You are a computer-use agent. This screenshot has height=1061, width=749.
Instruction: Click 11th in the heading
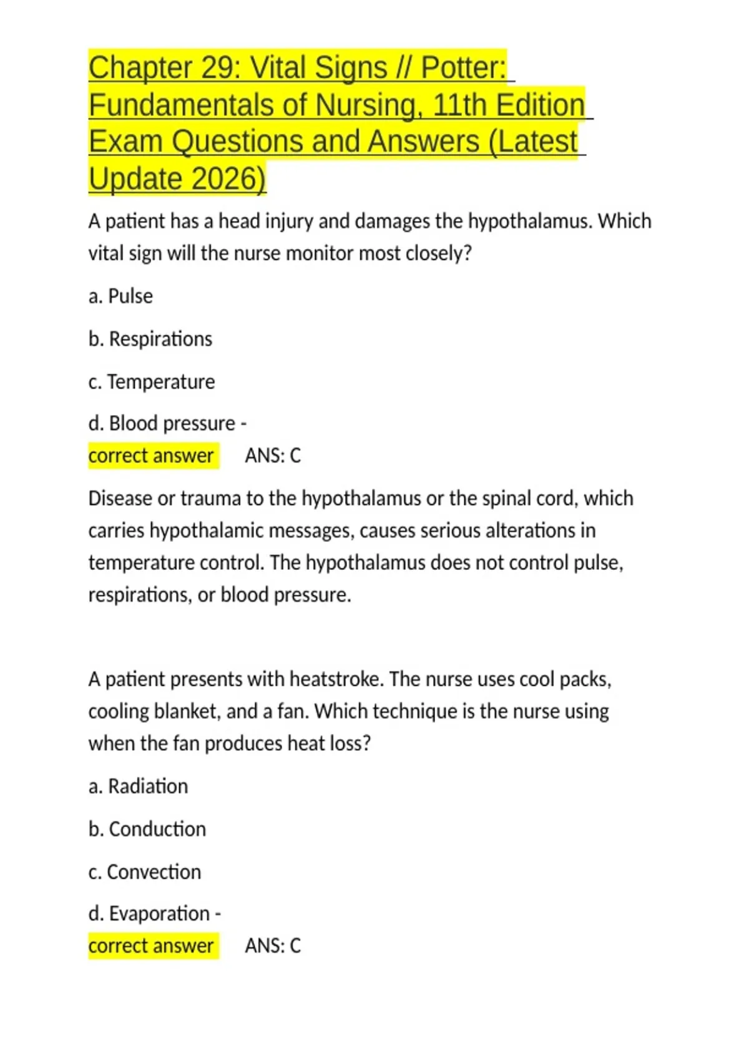[x=459, y=105]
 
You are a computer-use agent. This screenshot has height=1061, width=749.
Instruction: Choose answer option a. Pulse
[x=120, y=296]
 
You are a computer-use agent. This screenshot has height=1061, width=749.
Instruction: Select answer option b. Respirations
[x=150, y=339]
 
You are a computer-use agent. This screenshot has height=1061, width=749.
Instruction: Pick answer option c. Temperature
[x=152, y=381]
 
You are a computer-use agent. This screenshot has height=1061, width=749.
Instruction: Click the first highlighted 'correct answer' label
[x=152, y=456]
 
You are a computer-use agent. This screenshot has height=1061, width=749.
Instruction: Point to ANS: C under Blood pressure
[x=273, y=456]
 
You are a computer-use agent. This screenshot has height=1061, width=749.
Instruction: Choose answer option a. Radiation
[x=138, y=786]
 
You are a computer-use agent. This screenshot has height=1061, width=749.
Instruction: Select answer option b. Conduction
[x=147, y=829]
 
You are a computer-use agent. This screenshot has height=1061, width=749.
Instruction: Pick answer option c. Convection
[x=145, y=872]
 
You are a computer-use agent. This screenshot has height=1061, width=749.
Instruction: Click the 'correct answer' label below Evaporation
[x=152, y=946]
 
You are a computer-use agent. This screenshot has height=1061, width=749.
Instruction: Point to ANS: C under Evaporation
[x=273, y=946]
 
